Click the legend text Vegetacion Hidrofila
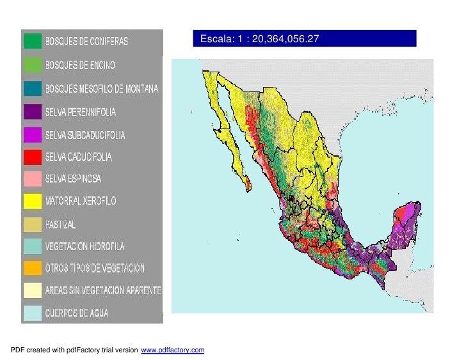click(84, 246)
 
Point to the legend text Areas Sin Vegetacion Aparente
click(102, 290)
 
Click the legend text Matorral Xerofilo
click(80, 201)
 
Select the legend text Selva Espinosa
click(73, 178)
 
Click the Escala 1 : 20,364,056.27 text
click(259, 39)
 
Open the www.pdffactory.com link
click(172, 350)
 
